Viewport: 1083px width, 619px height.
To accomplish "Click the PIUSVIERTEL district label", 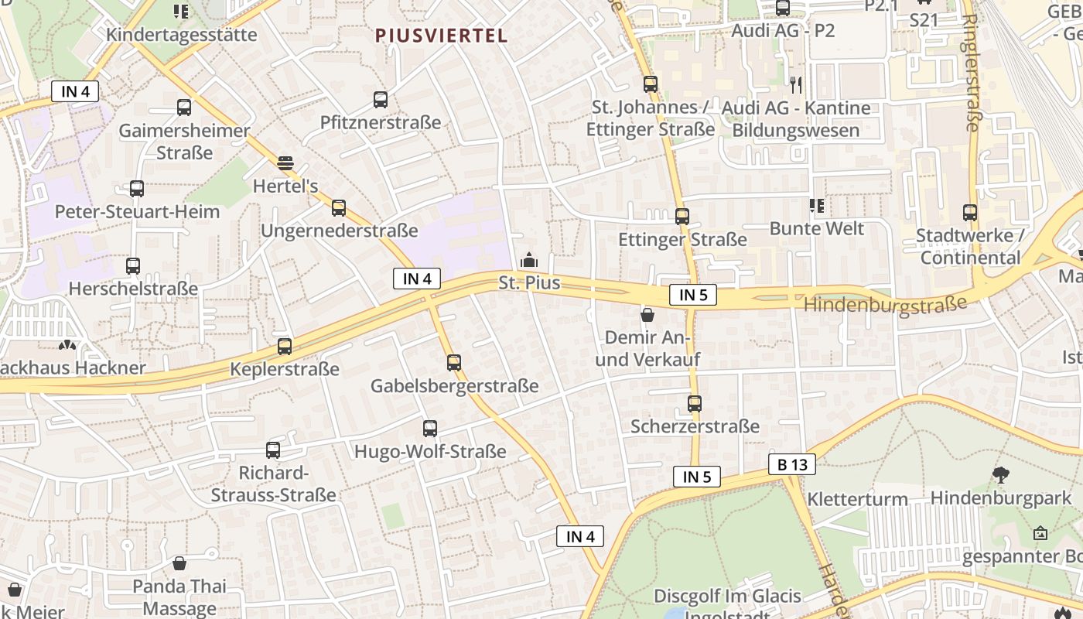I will pyautogui.click(x=442, y=35).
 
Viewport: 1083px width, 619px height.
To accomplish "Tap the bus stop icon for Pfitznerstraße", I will pyautogui.click(x=381, y=100).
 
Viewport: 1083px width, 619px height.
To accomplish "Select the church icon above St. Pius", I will pyautogui.click(x=529, y=260).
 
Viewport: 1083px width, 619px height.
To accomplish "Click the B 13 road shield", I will pyautogui.click(x=792, y=464).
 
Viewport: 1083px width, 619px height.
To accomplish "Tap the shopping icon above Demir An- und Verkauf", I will pyautogui.click(x=647, y=315).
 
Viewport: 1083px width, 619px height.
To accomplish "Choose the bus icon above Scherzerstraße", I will pyautogui.click(x=695, y=403).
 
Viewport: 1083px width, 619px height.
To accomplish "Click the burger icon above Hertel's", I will pyautogui.click(x=285, y=162).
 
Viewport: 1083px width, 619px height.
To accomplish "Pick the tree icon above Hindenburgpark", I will pyautogui.click(x=1001, y=475).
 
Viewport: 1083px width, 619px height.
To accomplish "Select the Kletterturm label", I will pyautogui.click(x=857, y=499).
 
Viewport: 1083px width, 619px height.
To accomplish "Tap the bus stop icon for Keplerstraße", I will pyautogui.click(x=285, y=347).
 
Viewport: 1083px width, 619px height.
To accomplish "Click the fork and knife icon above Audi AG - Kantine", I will pyautogui.click(x=796, y=84).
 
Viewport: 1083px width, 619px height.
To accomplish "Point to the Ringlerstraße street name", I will pyautogui.click(x=972, y=74).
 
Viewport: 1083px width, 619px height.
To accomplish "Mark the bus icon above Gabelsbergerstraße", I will pyautogui.click(x=454, y=362).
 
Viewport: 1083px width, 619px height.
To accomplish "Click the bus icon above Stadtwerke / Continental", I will pyautogui.click(x=970, y=212).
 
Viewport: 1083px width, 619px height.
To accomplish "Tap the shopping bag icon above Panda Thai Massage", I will pyautogui.click(x=179, y=563).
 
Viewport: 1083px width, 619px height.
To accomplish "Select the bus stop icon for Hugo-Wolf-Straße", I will pyautogui.click(x=430, y=428).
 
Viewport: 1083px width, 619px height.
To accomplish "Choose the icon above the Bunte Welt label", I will pyautogui.click(x=816, y=206).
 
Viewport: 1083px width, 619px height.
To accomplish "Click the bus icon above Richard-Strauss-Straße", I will pyautogui.click(x=273, y=450).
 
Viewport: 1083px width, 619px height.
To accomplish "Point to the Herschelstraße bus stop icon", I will pyautogui.click(x=133, y=266).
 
